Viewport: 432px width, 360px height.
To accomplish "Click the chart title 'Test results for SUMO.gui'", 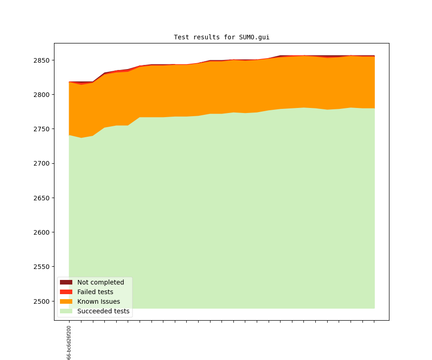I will click(x=221, y=38).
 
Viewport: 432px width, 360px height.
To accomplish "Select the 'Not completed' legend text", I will click(x=101, y=282).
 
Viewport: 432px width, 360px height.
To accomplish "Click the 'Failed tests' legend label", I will click(x=95, y=292).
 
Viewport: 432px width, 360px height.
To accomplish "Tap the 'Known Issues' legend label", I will click(x=98, y=301).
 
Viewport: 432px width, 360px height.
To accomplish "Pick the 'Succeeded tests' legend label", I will click(x=103, y=311).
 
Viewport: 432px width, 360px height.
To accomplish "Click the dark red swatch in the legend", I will click(x=66, y=282).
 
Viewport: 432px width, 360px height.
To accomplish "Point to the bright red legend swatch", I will click(x=66, y=292).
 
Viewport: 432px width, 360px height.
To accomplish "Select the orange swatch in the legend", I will click(x=66, y=301).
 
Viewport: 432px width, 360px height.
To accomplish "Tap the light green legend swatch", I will click(x=66, y=311).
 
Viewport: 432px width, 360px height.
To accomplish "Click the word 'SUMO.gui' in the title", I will click(x=254, y=38).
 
